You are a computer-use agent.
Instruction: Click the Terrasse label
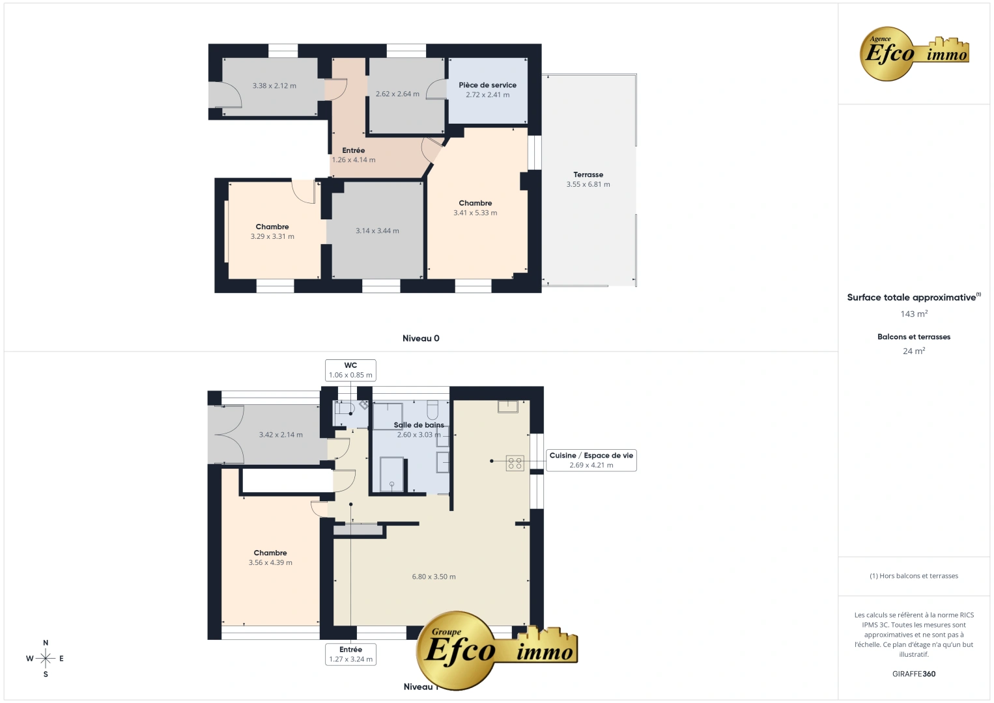(x=588, y=174)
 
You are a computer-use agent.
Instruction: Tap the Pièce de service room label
(x=487, y=85)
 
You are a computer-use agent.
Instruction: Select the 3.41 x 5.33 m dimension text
(x=476, y=213)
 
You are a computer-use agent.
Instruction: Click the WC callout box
(x=350, y=370)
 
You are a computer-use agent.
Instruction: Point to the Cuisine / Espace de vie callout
(x=591, y=460)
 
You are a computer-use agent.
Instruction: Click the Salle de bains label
(x=419, y=425)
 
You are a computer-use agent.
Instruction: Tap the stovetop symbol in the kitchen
(x=515, y=463)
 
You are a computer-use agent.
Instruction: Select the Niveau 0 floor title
(x=421, y=338)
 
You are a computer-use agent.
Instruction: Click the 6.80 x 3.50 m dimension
(x=434, y=577)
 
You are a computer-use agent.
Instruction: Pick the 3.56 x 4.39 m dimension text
(x=270, y=563)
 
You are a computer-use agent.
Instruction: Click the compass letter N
(x=46, y=643)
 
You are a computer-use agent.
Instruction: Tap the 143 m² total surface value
(x=914, y=314)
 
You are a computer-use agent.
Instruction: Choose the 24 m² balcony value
(x=914, y=351)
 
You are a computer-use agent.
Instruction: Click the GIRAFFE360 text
(x=914, y=674)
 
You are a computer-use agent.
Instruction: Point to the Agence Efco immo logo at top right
(x=915, y=53)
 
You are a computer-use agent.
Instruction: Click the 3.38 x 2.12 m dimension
(x=274, y=86)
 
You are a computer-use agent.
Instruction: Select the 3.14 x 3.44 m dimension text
(x=377, y=231)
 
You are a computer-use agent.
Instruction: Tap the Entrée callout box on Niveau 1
(x=350, y=654)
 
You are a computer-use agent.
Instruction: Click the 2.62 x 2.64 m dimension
(x=397, y=94)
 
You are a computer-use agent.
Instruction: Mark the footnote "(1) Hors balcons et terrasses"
(x=914, y=576)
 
